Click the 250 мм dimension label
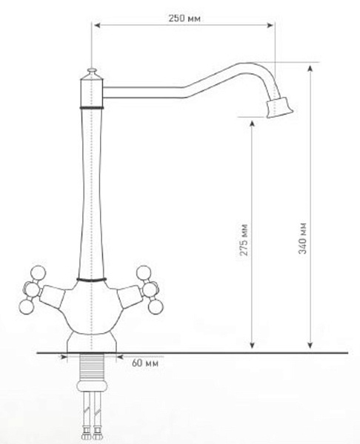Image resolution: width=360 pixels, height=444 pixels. (184, 18)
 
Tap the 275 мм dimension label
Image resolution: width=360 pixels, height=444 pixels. (244, 240)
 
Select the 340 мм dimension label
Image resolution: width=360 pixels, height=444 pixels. (303, 238)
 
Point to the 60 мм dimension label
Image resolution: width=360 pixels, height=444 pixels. (145, 363)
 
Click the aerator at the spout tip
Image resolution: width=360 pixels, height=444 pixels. (279, 107)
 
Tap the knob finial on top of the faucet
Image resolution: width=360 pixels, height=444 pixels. (92, 71)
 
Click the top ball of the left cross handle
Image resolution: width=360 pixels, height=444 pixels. (38, 273)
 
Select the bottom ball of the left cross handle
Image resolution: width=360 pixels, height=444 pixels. (27, 306)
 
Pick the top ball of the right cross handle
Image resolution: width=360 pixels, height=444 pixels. (144, 273)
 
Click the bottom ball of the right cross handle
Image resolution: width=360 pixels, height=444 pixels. (156, 306)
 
